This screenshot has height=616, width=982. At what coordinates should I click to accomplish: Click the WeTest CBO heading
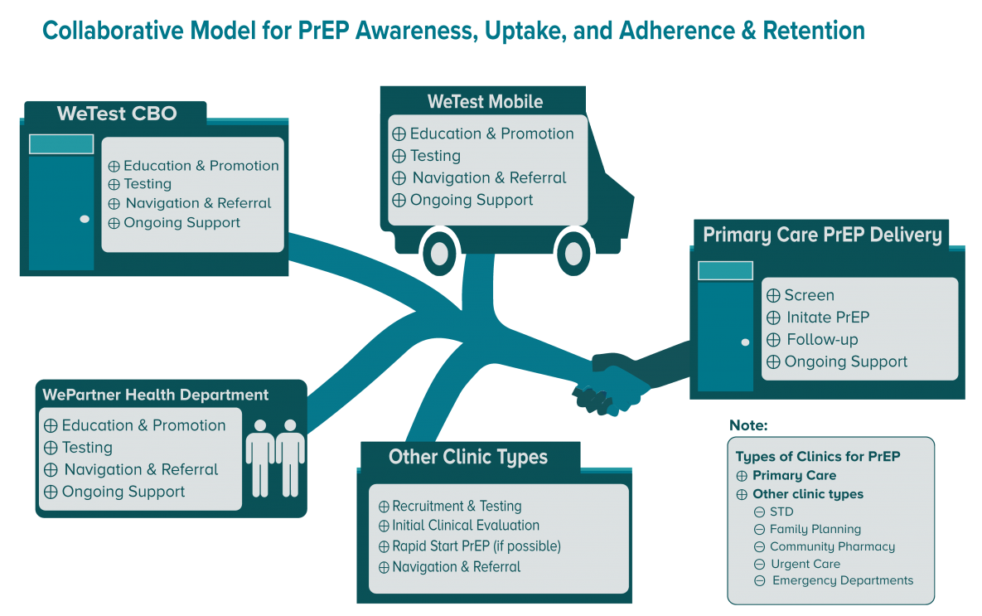(x=117, y=114)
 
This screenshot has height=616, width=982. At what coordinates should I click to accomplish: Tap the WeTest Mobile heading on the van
(x=485, y=102)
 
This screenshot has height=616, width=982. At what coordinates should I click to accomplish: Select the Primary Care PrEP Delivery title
(x=822, y=235)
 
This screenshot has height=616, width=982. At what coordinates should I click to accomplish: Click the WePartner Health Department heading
(x=156, y=395)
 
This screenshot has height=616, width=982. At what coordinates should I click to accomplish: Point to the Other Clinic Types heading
(x=467, y=457)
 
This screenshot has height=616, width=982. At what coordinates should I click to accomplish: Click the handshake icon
(x=609, y=386)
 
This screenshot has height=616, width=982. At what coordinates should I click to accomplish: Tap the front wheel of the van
(x=573, y=252)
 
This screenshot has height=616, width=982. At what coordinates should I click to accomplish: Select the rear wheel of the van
(x=439, y=252)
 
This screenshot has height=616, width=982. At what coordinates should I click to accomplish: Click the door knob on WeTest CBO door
(x=85, y=219)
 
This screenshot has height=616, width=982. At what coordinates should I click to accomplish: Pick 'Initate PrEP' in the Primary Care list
(x=827, y=318)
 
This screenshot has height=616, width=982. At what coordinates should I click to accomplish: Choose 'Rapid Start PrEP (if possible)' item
(x=476, y=546)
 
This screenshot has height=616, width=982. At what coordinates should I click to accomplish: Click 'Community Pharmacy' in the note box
(x=832, y=546)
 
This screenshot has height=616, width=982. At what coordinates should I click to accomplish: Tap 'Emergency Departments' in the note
(x=842, y=580)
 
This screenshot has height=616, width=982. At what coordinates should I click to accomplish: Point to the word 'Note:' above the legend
(x=748, y=425)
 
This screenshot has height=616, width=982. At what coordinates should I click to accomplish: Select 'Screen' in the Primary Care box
(x=809, y=295)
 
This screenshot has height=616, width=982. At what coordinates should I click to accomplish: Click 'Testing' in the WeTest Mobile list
(x=435, y=156)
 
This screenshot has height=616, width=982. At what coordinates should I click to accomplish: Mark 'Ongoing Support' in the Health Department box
(x=123, y=492)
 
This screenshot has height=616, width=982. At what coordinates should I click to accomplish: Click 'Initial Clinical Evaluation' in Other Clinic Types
(x=465, y=526)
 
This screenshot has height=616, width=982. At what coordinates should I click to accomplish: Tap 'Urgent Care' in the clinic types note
(x=805, y=564)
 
